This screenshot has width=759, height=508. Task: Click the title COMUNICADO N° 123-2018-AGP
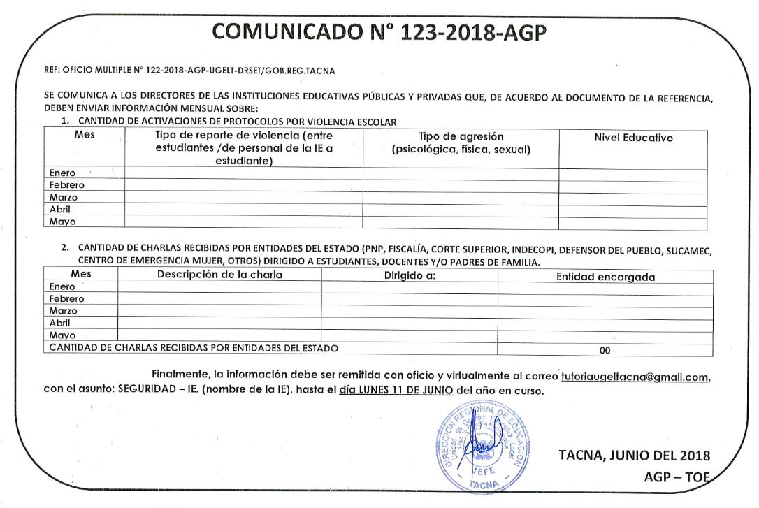coord(379,31)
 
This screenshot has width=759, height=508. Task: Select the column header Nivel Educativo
coord(633,138)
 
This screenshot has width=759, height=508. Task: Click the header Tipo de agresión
coord(461,137)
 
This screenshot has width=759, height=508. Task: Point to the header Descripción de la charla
coord(219,275)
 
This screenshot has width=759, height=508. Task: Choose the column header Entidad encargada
coord(605,277)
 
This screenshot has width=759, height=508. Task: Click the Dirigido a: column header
coord(410,275)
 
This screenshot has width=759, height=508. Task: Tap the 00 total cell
coord(605,350)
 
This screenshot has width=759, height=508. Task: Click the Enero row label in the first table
coord(62,173)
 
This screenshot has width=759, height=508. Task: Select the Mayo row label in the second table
coord(62,335)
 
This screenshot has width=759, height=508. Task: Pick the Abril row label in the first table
coord(62,209)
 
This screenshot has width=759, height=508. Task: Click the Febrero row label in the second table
coord(66,298)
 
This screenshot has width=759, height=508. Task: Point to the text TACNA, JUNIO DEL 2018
coord(634,456)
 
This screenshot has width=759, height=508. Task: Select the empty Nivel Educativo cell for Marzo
coord(632,197)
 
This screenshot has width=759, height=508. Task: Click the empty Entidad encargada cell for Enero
coord(605,287)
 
